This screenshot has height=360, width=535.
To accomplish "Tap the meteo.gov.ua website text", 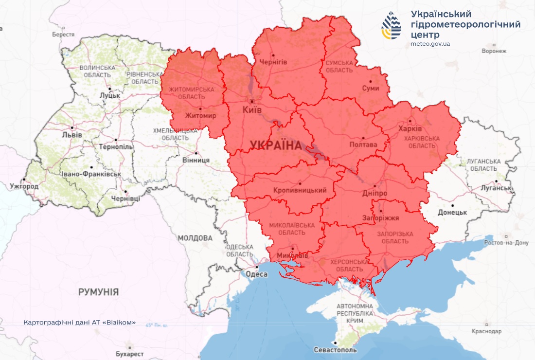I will [x=430, y=44].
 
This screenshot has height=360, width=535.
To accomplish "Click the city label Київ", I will [x=252, y=110].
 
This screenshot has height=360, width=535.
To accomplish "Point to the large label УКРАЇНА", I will [x=276, y=144].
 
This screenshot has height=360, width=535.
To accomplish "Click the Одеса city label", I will [x=257, y=274].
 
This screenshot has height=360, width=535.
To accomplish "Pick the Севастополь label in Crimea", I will [x=335, y=350].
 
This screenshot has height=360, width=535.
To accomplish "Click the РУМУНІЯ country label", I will [x=98, y=292].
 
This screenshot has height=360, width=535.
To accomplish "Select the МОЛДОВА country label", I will [x=195, y=238].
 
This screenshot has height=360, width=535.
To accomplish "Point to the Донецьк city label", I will [x=452, y=213].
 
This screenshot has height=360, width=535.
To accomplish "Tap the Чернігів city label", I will [x=273, y=62].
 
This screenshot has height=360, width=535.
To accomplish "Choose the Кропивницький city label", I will [x=300, y=190].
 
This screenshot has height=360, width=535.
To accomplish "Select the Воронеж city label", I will [x=494, y=51].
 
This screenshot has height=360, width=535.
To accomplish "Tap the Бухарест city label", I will [x=129, y=354].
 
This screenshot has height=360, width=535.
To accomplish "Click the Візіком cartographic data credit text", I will [x=79, y=323].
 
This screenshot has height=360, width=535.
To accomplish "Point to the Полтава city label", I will [x=363, y=145].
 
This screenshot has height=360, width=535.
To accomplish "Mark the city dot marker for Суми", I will [x=371, y=81].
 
